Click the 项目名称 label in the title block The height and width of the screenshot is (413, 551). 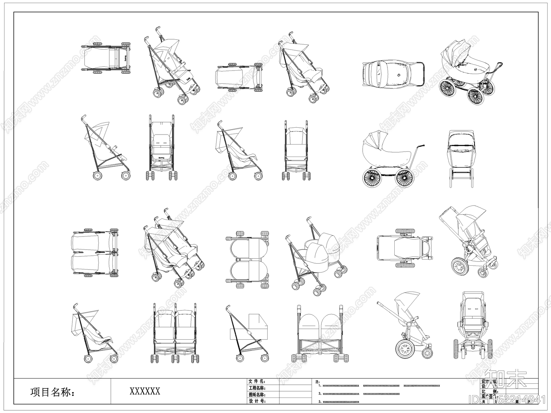[x=52, y=392]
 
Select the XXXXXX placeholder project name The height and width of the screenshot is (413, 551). [x=145, y=391]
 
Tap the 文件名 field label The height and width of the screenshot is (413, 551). [x=257, y=382]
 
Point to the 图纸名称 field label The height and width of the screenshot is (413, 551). [x=257, y=395]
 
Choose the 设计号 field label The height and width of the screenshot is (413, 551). [x=257, y=401]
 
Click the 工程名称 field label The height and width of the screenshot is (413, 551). [x=257, y=388]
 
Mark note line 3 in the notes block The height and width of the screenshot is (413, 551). [x=339, y=402]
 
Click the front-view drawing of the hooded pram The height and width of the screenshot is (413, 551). [x=461, y=158]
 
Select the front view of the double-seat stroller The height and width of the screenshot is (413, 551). [x=175, y=332]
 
